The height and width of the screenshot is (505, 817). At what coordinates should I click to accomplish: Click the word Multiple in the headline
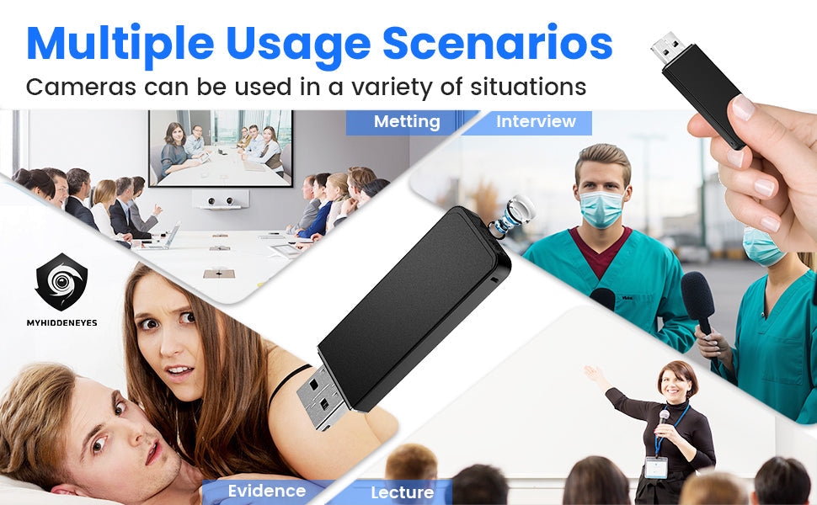coord(120,44)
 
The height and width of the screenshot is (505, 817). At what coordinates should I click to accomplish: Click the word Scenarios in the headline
coord(498,43)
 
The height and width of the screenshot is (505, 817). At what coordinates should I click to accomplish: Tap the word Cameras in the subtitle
coord(81,87)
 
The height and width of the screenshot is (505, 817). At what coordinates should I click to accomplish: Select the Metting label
coord(407,122)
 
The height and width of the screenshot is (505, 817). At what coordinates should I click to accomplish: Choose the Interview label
coord(536,122)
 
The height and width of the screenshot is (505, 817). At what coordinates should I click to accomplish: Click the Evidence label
coord(267,491)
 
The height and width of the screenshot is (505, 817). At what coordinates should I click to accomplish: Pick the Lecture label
coord(403,492)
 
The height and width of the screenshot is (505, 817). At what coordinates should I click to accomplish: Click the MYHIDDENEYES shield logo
coord(61,281)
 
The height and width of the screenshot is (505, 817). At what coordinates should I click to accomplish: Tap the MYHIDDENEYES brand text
coord(61,323)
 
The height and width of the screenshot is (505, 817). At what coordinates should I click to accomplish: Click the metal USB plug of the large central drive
coord(320,398)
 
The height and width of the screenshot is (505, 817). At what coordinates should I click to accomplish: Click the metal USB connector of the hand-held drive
coord(668,48)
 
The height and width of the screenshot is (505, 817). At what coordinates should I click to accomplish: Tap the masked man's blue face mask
coord(601,208)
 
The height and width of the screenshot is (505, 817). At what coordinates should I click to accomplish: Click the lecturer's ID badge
coord(656,467)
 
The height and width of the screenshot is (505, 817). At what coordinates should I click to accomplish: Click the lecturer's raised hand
coord(591,374)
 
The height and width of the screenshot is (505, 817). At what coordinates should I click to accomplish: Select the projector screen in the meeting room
coord(221,148)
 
